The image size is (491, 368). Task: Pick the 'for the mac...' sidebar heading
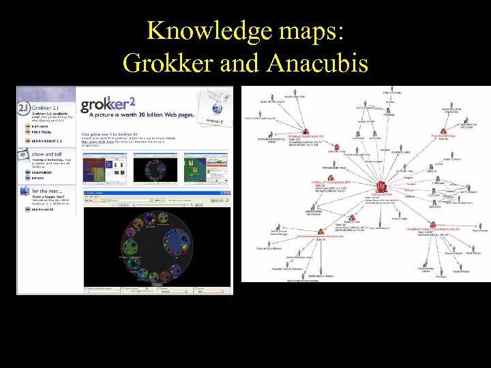click(x=50, y=192)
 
